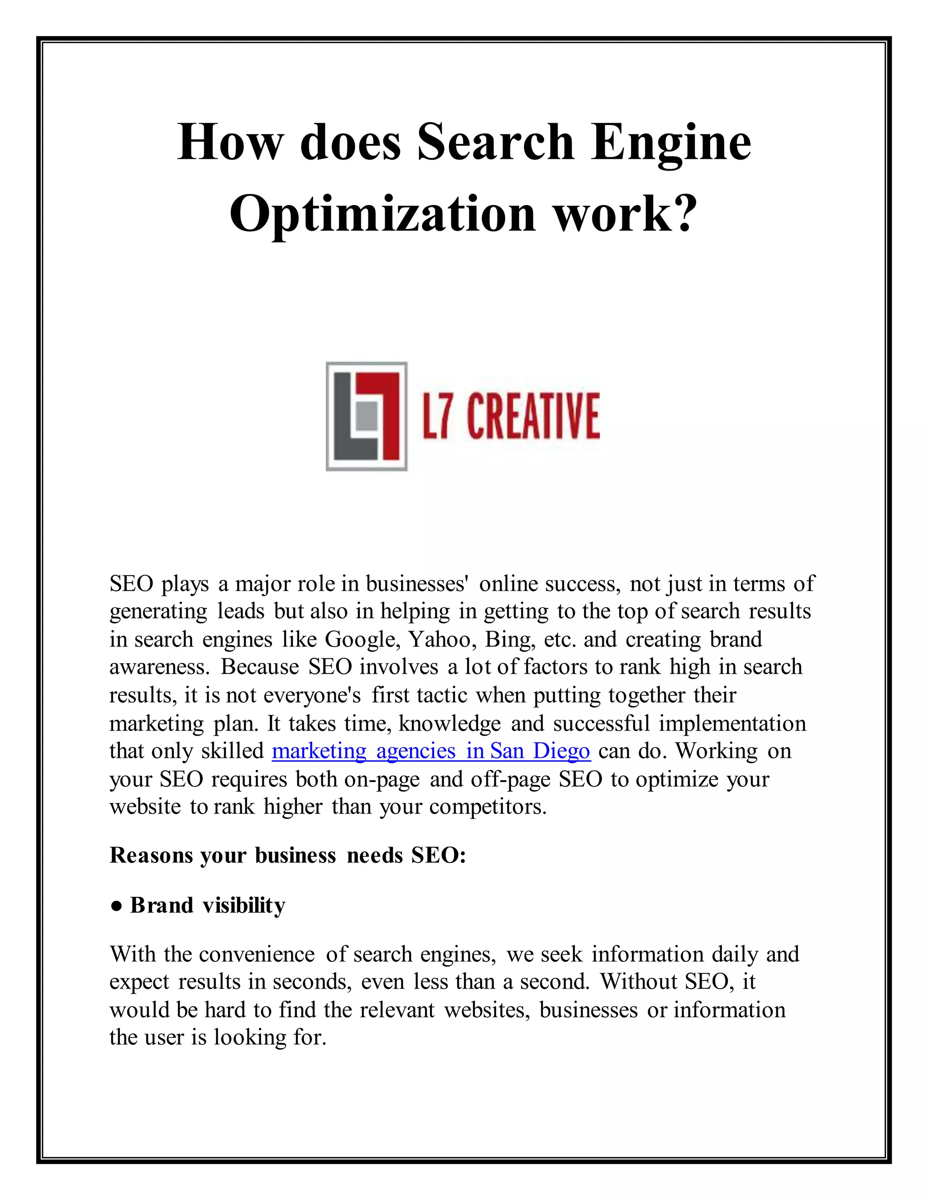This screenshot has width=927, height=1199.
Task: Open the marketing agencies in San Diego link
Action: pyautogui.click(x=431, y=751)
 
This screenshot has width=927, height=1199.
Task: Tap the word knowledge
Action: pyautogui.click(x=450, y=723)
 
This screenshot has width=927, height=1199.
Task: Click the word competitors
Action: pyautogui.click(x=488, y=806)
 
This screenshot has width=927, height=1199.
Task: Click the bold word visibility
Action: pyautogui.click(x=244, y=905)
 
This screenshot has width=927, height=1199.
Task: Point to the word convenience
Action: pyautogui.click(x=257, y=954)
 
